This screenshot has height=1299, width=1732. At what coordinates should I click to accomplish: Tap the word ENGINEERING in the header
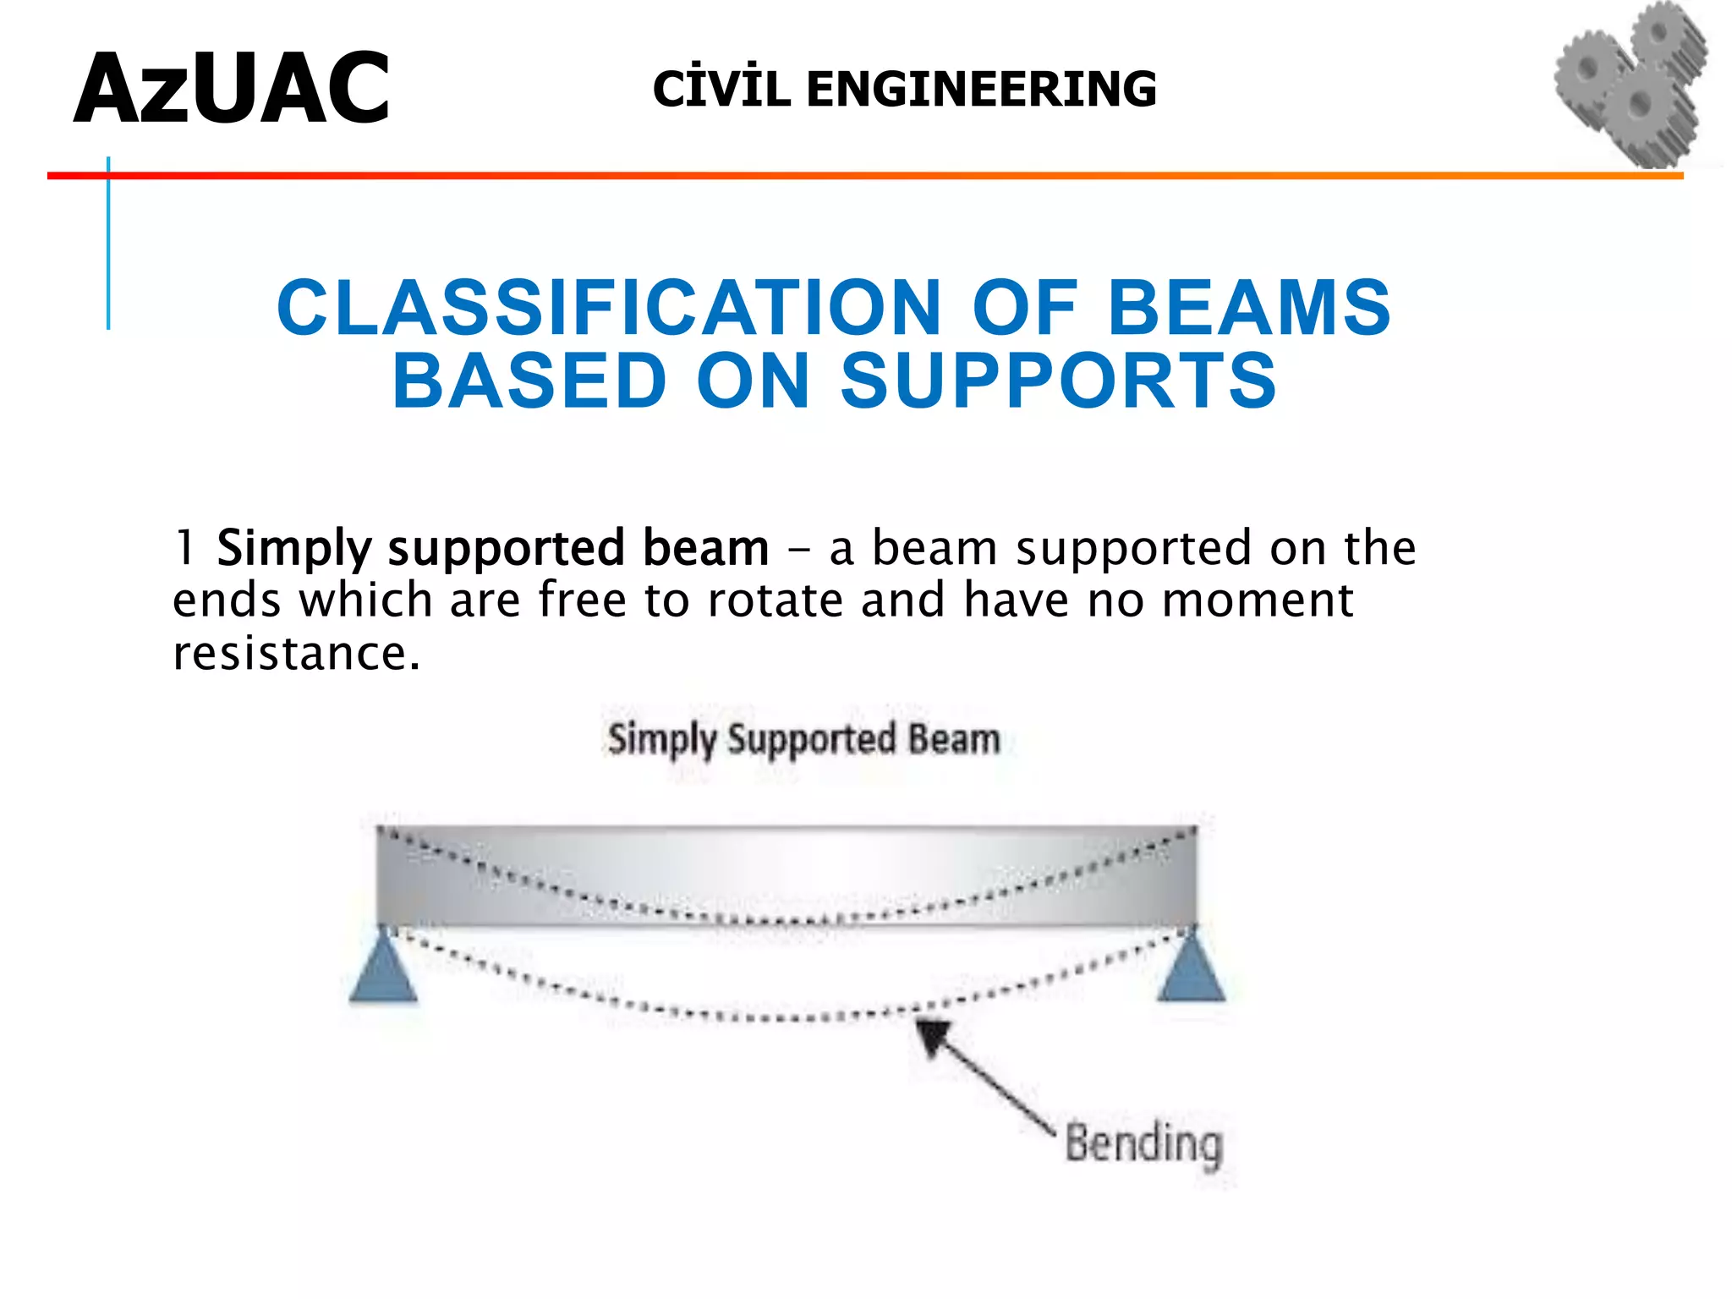[981, 90]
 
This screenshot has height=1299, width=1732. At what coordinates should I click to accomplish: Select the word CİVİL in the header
[721, 90]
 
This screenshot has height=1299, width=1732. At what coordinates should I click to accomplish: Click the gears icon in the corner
[1631, 85]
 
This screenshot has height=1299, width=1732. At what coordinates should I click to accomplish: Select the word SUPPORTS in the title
[1058, 381]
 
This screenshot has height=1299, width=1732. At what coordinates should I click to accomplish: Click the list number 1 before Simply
[184, 547]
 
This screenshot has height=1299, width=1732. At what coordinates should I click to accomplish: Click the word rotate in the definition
[775, 600]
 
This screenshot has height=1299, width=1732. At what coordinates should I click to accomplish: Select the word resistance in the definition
[296, 654]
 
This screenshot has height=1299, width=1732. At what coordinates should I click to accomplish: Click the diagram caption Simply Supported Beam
[803, 739]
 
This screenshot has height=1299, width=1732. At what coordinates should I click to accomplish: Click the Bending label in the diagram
[1143, 1144]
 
